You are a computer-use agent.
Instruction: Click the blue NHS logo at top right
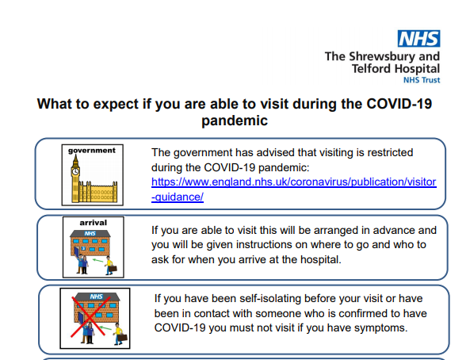coord(418,38)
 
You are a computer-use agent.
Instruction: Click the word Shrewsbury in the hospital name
coord(383,56)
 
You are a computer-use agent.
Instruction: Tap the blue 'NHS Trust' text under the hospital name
coord(422,80)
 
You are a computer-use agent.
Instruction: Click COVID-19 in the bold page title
coord(399,104)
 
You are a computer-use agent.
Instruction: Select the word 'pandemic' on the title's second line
coord(235,121)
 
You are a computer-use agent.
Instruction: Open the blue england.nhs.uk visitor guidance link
coord(294,190)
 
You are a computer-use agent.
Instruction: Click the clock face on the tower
coord(75,171)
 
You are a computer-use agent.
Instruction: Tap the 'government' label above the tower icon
coord(92,151)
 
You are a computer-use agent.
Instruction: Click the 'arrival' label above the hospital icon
coord(94,223)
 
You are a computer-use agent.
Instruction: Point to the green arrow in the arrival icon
coord(97,260)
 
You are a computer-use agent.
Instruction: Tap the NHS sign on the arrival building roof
coord(90,233)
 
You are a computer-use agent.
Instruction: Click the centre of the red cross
coord(90,316)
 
